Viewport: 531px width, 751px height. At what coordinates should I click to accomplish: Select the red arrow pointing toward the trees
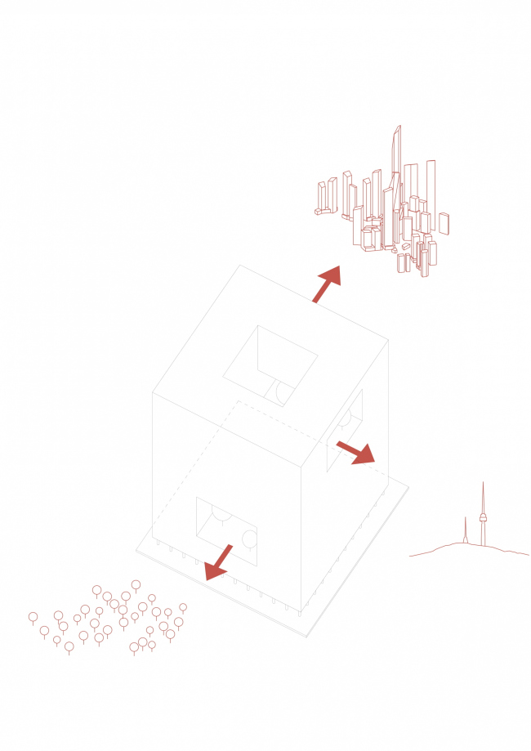click(219, 562)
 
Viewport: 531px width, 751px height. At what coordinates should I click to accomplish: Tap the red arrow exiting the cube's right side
click(356, 452)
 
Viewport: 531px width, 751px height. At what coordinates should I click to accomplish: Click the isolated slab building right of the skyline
click(444, 222)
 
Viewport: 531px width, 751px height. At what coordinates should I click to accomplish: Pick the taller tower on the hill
click(484, 515)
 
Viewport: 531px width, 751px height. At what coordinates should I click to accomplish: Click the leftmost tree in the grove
click(33, 618)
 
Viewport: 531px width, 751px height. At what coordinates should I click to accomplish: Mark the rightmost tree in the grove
click(183, 608)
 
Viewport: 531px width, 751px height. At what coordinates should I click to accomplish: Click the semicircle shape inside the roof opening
click(283, 391)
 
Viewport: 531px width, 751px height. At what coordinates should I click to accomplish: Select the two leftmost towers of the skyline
click(326, 197)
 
